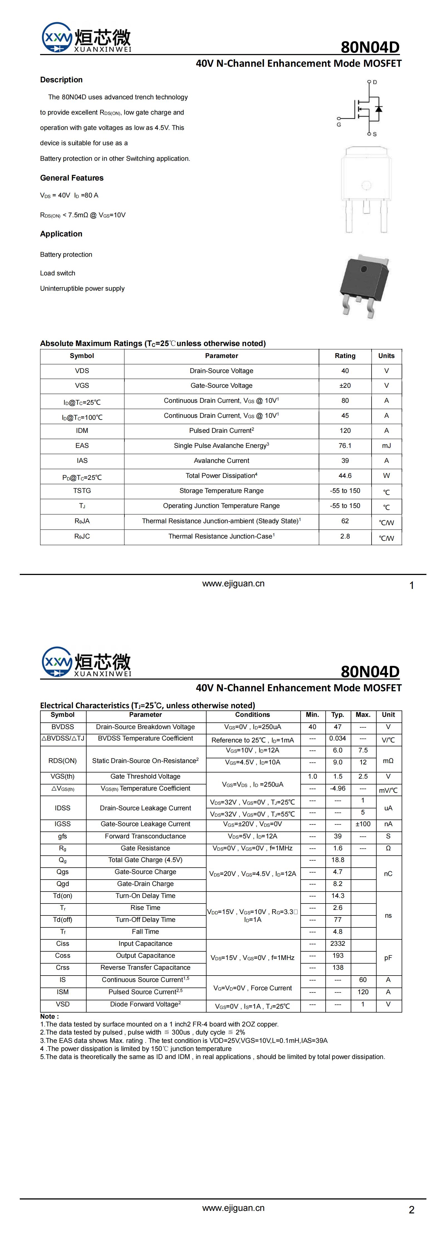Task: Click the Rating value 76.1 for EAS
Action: point(345,446)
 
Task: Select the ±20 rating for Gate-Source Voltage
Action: point(345,386)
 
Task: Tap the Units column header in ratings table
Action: point(386,356)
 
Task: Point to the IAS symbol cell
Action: point(82,461)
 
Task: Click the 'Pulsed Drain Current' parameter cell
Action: point(221,431)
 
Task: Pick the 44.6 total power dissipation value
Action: point(345,476)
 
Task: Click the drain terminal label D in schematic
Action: point(375,82)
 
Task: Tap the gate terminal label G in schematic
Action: point(339,125)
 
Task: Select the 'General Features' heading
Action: point(72,178)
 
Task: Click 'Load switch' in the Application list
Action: point(58,273)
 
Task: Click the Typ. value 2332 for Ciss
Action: point(338,944)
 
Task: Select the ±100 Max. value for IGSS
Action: point(363,824)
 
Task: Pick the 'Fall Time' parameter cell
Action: point(146,931)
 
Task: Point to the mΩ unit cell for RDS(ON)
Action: point(388,761)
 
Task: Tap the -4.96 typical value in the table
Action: point(338,788)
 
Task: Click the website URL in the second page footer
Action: point(233,1208)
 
